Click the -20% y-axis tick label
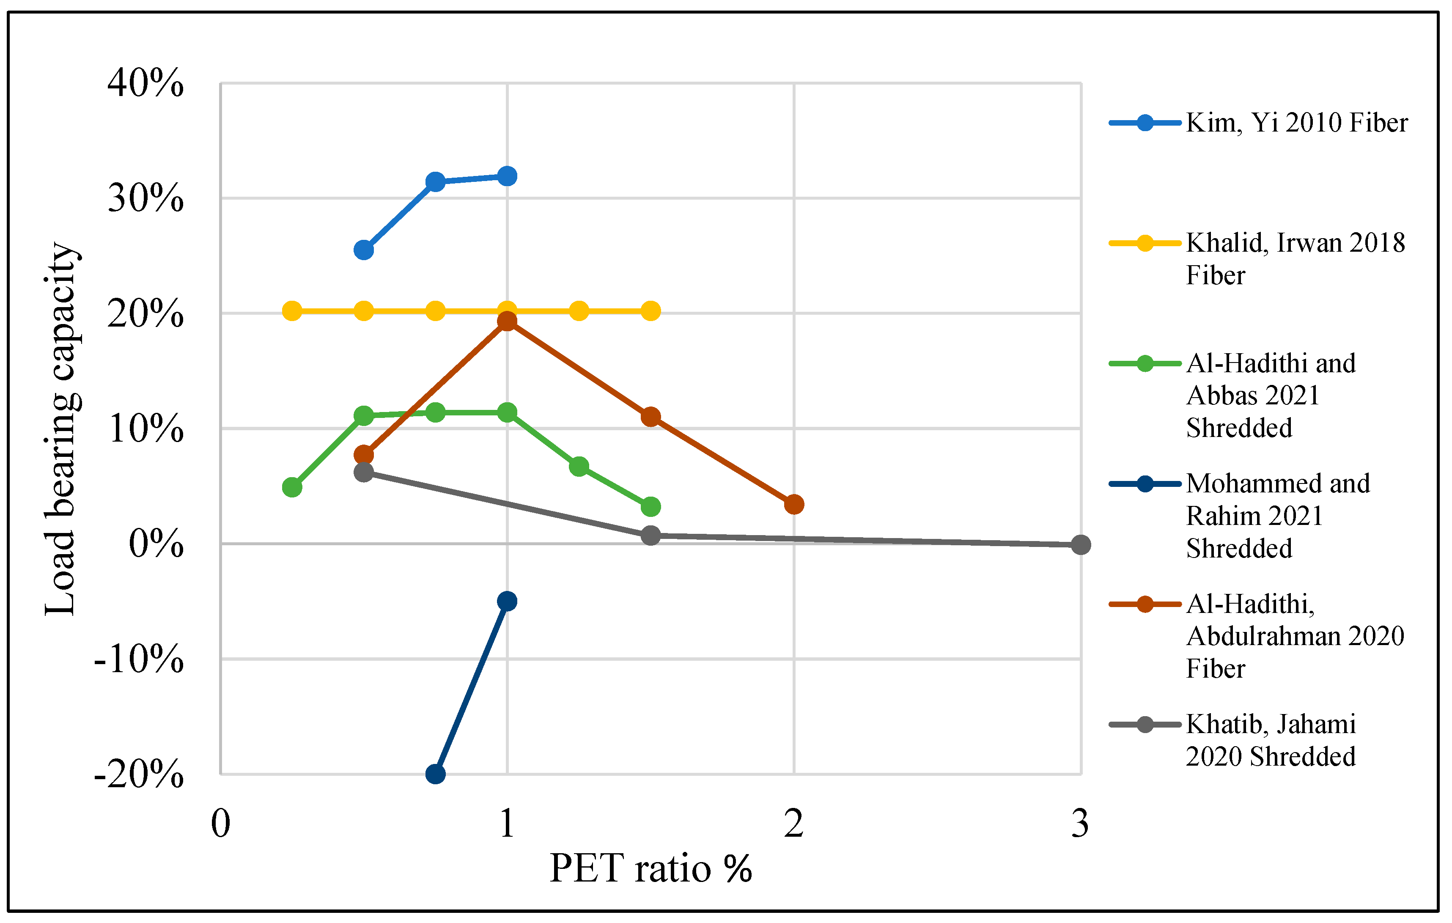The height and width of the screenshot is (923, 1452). tap(139, 774)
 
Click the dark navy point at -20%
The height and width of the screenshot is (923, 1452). tap(435, 774)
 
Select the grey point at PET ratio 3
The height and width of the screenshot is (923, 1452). tap(1081, 545)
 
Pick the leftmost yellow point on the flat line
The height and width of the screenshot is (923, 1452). tap(292, 311)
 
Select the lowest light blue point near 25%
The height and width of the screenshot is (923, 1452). tap(364, 250)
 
